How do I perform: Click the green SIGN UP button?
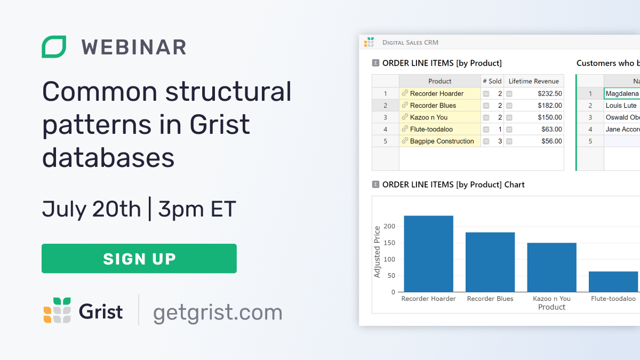[x=139, y=259]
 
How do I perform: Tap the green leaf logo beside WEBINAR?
[x=54, y=47]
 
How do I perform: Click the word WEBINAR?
[x=134, y=47]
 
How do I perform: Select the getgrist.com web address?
[x=218, y=312]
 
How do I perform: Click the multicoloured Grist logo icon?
[x=57, y=310]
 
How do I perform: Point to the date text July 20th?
[x=91, y=209]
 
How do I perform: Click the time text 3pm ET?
[x=197, y=209]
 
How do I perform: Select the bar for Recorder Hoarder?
[x=428, y=254]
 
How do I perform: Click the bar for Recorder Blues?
[x=490, y=262]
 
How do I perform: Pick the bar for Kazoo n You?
[x=551, y=267]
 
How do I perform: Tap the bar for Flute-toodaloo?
[x=613, y=282]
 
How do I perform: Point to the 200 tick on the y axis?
[x=389, y=227]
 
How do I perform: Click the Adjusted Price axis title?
[x=377, y=252]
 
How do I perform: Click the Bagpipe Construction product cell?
[x=441, y=141]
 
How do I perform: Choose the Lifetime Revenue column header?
[x=533, y=81]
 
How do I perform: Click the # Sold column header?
[x=492, y=81]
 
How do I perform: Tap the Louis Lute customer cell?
[x=621, y=106]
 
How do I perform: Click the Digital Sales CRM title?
[x=410, y=42]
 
